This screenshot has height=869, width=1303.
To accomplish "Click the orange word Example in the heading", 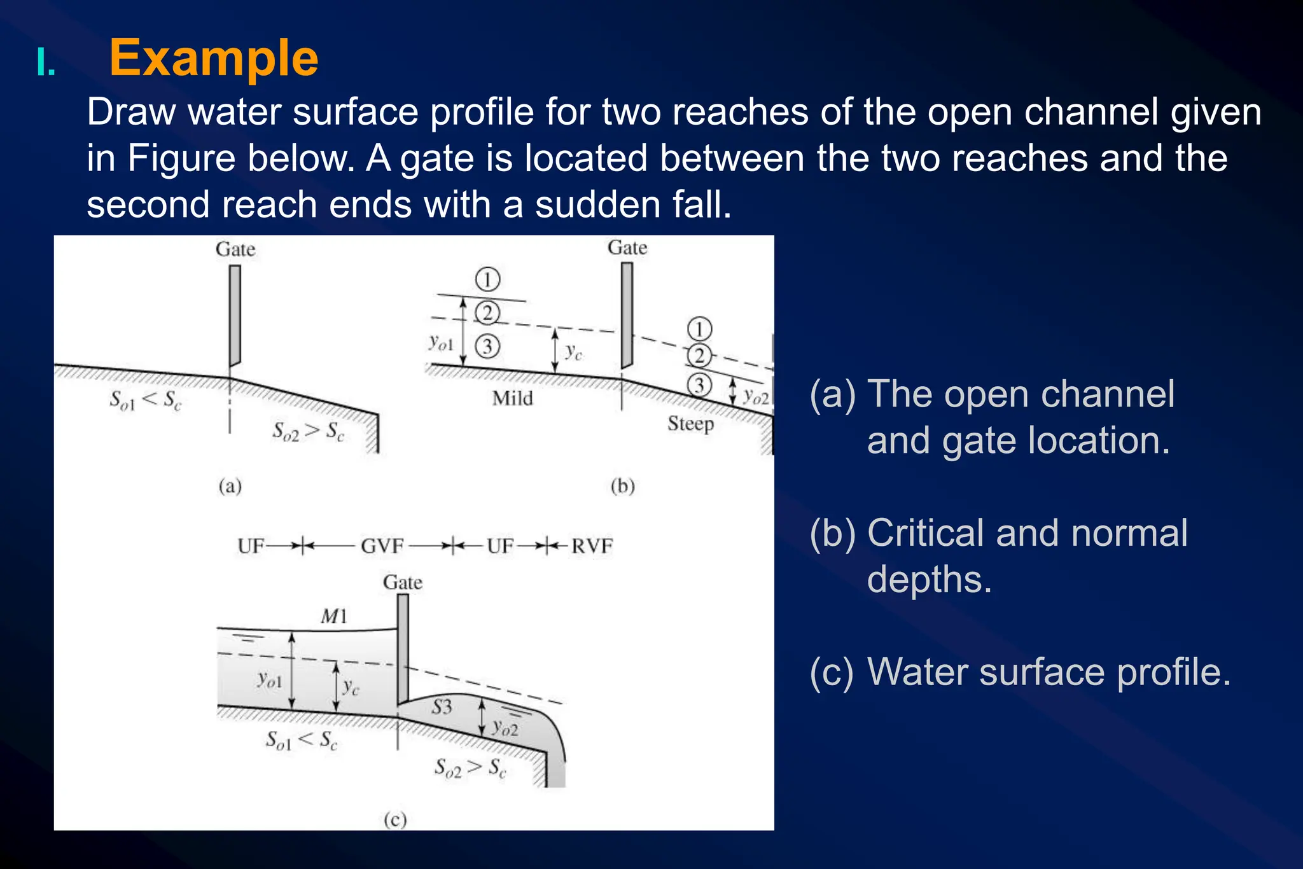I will point(214,59).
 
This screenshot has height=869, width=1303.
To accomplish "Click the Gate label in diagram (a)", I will point(235,249).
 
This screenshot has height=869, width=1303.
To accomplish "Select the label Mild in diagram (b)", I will point(512,399).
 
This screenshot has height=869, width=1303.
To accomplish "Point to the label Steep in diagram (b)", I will point(690,424).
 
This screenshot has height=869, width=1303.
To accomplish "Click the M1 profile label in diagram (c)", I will point(334,616).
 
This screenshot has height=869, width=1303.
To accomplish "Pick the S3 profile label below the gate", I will point(442,707).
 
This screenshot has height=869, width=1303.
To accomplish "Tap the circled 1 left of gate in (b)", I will point(487,279).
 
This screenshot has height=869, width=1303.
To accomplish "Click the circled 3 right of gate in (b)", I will point(699,384).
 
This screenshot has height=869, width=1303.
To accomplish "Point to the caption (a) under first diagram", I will point(230,487).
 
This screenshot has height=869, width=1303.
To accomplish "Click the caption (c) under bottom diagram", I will point(395,819).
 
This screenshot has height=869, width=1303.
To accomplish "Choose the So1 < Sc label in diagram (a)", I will point(146,400).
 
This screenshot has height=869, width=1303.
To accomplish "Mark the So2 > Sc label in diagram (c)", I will point(470,768).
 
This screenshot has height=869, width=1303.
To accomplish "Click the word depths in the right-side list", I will point(929,580).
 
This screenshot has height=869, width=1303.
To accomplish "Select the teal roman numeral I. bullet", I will point(46,64).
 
